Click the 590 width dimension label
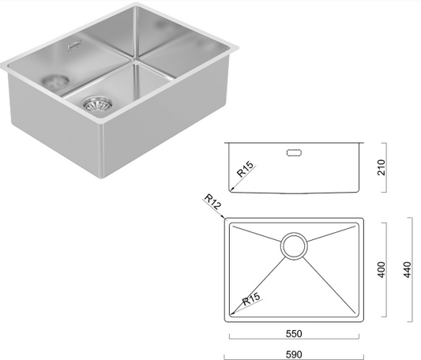[295, 354]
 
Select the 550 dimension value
[295, 334]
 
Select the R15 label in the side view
[243, 170]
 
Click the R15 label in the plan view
[251, 298]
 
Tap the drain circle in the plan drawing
[295, 245]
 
